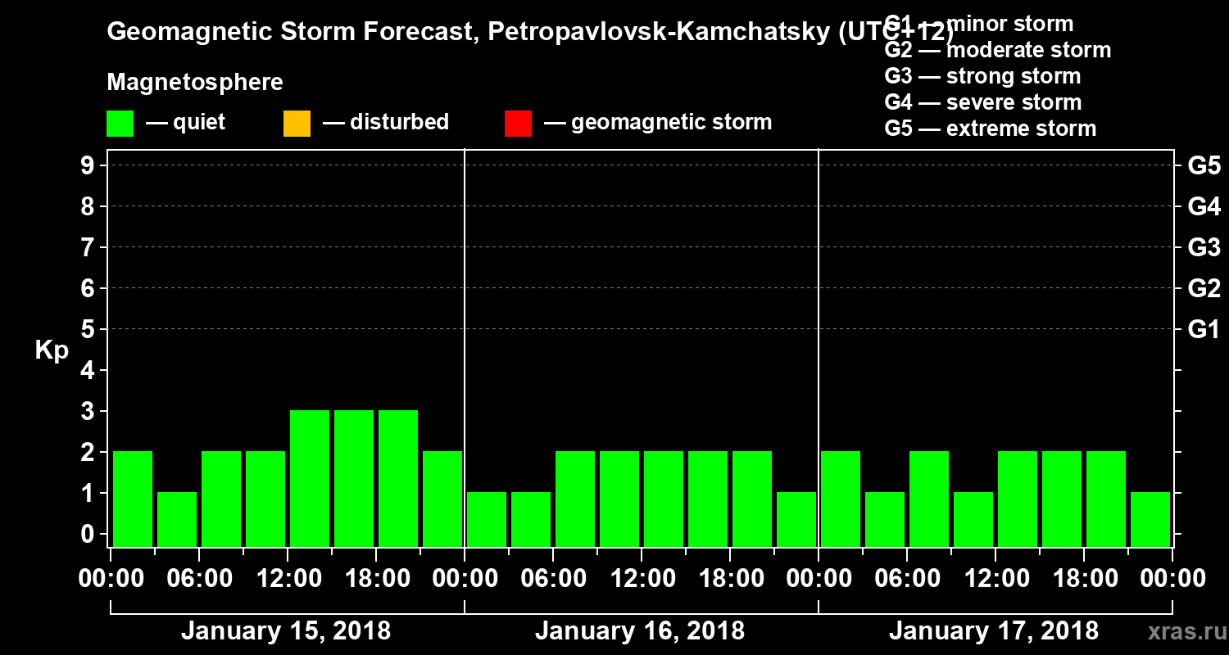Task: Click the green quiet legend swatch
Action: pyautogui.click(x=120, y=123)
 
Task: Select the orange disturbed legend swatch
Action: pyautogui.click(x=297, y=123)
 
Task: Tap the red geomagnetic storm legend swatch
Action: pyautogui.click(x=518, y=123)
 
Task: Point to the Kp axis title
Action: pyautogui.click(x=52, y=350)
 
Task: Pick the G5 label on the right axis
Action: pyautogui.click(x=1204, y=166)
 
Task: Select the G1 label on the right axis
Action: pyautogui.click(x=1204, y=330)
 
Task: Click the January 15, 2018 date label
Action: pyautogui.click(x=285, y=631)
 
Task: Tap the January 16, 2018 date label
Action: pyautogui.click(x=640, y=631)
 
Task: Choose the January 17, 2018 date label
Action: pyautogui.click(x=994, y=631)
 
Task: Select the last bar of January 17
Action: pyautogui.click(x=1150, y=519)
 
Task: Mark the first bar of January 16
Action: pyautogui.click(x=487, y=519)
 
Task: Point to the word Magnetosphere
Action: pyautogui.click(x=195, y=83)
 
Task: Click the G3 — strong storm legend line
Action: pyautogui.click(x=982, y=76)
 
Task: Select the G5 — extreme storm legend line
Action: pyautogui.click(x=990, y=129)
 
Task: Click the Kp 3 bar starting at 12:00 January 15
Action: pyautogui.click(x=310, y=478)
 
